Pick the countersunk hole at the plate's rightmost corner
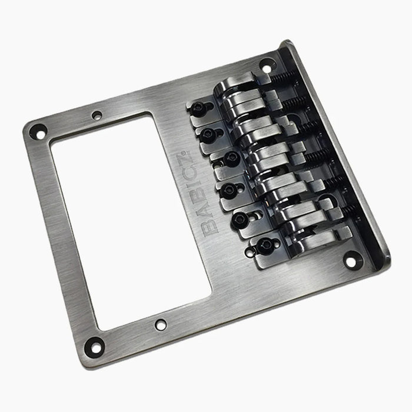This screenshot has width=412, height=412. click(351, 257)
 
